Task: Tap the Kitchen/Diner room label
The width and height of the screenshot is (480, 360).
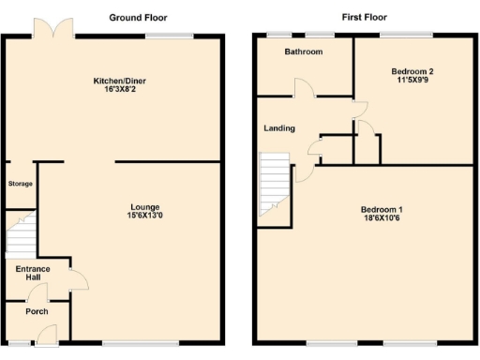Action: (x=120, y=81)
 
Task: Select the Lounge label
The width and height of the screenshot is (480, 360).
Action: (x=145, y=206)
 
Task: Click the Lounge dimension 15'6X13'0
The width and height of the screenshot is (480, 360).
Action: (x=145, y=217)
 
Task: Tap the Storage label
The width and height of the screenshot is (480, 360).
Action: (x=21, y=184)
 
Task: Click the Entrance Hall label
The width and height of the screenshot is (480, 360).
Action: (x=26, y=274)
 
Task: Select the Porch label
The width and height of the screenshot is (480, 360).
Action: (x=37, y=311)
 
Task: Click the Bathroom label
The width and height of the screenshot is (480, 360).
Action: (x=304, y=52)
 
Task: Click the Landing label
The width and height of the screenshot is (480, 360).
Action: (x=279, y=128)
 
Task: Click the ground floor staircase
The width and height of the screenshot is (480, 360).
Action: (x=21, y=234)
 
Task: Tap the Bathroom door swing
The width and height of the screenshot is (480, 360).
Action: (x=304, y=89)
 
